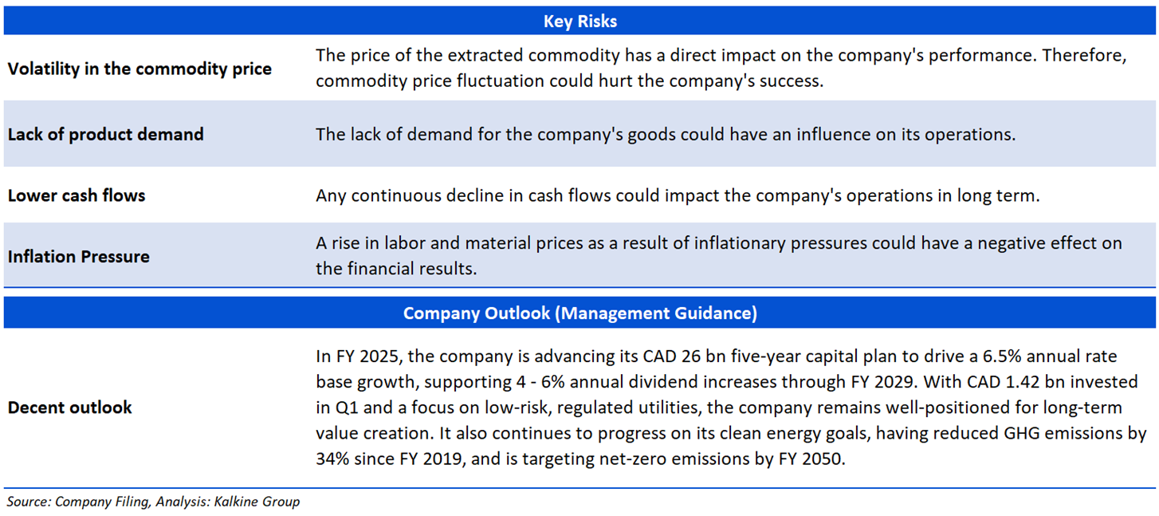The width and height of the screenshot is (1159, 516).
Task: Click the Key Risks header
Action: point(579,22)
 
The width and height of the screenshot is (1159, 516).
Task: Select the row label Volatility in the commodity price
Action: point(139,69)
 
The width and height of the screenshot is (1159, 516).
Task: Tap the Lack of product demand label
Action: point(105,134)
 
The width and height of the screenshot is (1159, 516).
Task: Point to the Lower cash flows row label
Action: point(77,195)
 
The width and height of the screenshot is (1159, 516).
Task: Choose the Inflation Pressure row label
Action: point(78,256)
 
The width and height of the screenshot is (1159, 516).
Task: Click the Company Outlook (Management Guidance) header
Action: point(579,313)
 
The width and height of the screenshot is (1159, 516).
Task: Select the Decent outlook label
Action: point(70,407)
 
